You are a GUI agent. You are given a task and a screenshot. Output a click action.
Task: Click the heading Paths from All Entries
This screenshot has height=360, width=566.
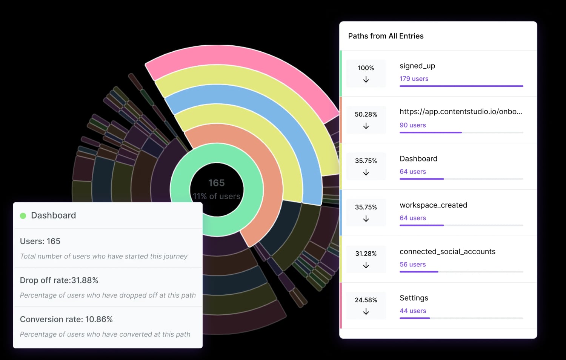386,36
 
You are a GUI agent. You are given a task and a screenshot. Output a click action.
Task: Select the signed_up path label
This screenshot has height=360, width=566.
417,66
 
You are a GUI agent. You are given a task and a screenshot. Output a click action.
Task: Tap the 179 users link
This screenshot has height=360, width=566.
414,79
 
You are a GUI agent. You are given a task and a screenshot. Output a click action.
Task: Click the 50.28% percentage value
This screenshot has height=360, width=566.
366,114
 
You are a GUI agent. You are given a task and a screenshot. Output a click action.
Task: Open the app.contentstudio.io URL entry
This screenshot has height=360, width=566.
461,112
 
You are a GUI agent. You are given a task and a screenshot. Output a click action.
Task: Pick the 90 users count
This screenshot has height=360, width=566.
412,125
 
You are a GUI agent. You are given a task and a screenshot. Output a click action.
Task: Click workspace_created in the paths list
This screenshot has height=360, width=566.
433,205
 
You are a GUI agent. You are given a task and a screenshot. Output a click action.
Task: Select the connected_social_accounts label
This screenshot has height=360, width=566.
447,252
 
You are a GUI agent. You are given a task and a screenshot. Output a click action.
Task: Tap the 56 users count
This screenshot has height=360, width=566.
412,265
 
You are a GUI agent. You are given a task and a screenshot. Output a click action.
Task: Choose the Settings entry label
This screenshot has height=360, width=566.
414,298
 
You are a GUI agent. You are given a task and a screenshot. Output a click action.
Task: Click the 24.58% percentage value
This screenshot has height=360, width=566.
366,300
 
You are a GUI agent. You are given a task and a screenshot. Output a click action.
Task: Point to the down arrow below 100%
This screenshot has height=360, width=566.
366,80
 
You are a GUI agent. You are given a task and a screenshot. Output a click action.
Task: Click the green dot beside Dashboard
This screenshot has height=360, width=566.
23,216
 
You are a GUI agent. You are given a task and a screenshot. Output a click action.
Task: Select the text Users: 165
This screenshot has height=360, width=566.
40,242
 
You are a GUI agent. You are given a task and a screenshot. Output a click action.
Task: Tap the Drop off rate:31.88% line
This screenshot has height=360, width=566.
59,280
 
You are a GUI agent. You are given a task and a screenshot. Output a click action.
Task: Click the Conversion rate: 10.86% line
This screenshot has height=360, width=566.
66,320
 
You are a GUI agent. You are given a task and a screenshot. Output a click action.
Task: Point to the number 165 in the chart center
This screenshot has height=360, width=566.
216,183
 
